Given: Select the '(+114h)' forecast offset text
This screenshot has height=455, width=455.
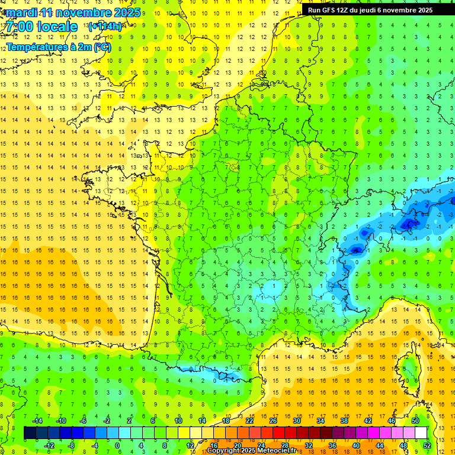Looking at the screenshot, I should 105,27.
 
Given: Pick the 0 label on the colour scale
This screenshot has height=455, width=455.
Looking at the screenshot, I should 117,445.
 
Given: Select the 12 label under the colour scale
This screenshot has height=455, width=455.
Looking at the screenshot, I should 190,445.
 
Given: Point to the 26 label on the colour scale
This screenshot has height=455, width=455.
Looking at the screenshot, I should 273,421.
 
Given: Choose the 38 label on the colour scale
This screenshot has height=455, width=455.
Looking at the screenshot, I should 344,421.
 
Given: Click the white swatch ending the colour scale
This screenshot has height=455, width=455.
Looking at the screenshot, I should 421,432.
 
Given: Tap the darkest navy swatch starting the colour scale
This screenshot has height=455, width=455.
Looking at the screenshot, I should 30,432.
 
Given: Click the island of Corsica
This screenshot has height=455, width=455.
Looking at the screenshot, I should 409,367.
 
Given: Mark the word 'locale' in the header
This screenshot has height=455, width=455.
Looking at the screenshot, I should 56,27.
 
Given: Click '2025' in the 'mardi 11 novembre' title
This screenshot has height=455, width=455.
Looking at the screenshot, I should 126,12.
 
